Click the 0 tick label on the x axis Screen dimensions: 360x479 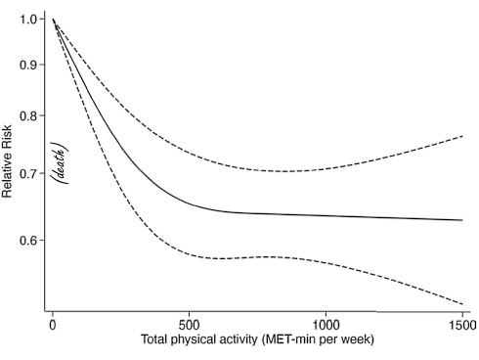click(x=52, y=324)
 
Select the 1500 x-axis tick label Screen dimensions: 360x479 click(x=461, y=324)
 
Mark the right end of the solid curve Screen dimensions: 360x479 click(x=461, y=220)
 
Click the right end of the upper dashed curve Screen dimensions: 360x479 click(x=461, y=136)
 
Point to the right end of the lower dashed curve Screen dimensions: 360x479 click(x=461, y=303)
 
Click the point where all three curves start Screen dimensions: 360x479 click(x=52, y=20)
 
